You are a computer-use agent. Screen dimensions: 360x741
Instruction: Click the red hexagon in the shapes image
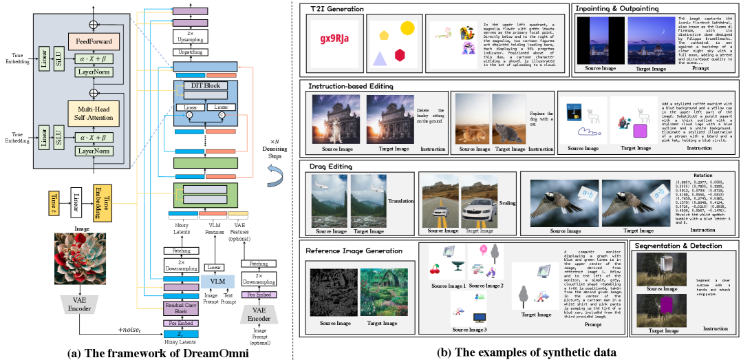pos(399,54)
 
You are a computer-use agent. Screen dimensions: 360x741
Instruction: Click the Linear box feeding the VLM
pos(215,267)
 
